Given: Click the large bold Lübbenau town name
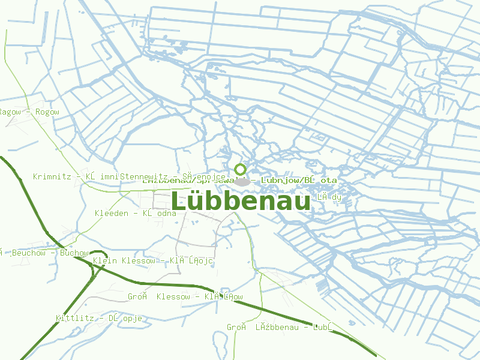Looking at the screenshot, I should [x=241, y=201].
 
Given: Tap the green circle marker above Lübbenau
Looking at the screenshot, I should [x=241, y=169].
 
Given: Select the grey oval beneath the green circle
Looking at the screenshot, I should [x=243, y=181].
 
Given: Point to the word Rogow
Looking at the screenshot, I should [x=47, y=112].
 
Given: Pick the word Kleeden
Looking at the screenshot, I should [x=112, y=213].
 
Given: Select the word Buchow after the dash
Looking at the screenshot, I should [x=74, y=253].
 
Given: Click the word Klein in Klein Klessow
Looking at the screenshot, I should [x=105, y=261].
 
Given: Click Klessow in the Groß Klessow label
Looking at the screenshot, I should [x=173, y=297].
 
